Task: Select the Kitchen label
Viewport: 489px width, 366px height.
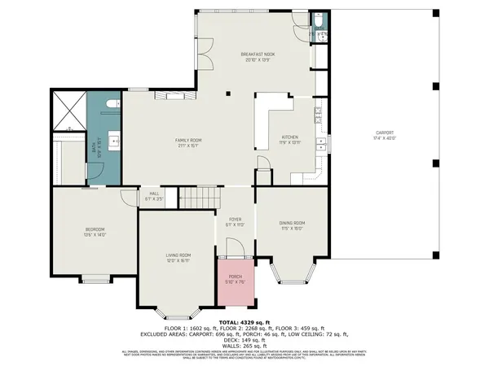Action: tap(290, 139)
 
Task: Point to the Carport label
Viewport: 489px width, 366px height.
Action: tap(385, 135)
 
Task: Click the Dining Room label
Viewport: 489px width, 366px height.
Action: tap(293, 224)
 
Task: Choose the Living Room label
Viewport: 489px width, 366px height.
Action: tap(178, 258)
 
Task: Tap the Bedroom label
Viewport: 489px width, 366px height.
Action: tap(95, 232)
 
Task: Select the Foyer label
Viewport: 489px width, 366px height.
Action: tap(235, 222)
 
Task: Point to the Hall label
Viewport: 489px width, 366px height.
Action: tap(153, 196)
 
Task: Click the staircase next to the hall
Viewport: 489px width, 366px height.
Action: tap(199, 196)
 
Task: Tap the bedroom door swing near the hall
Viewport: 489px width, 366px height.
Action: tap(128, 198)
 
